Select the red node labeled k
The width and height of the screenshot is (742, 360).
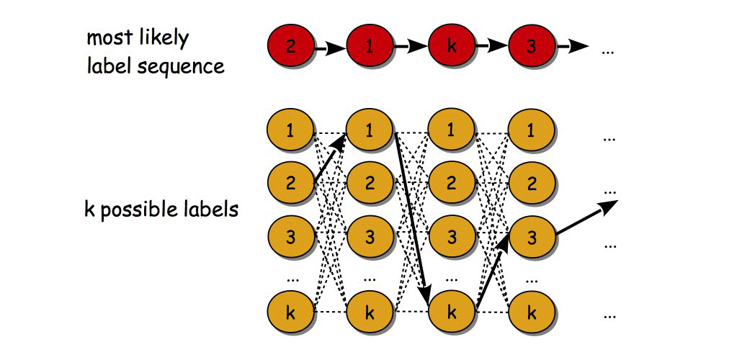click(452, 48)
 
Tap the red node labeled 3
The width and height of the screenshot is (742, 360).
click(532, 48)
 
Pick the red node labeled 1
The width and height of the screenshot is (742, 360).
click(370, 48)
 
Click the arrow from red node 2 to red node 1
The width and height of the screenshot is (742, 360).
click(329, 48)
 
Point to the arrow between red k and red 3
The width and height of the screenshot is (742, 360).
click(492, 48)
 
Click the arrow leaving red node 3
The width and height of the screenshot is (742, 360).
click(572, 48)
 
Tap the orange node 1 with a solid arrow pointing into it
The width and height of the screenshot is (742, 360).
click(370, 131)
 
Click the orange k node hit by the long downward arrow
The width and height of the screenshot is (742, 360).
click(452, 312)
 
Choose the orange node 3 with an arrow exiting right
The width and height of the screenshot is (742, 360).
click(532, 235)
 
